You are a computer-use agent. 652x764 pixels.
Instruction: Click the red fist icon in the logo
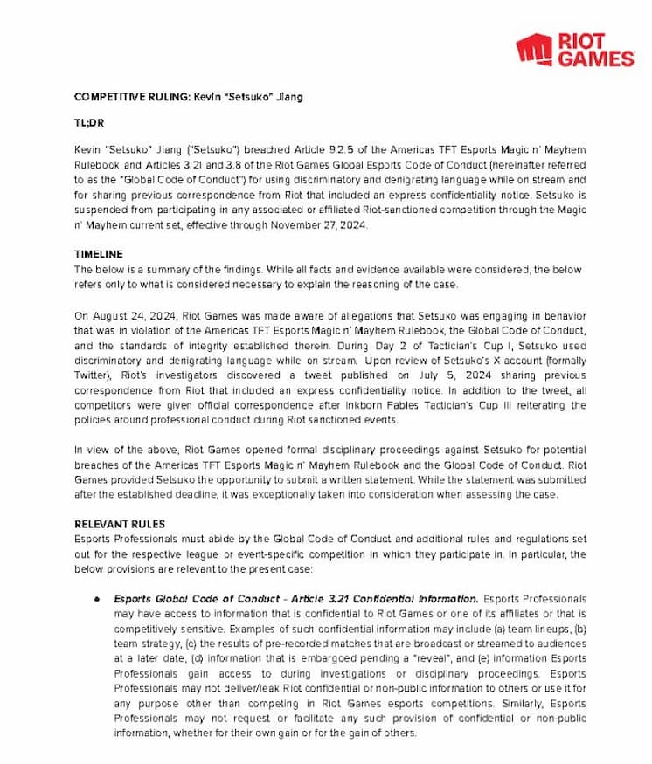coord(534,50)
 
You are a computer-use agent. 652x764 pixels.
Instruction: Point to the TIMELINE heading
coord(99,254)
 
